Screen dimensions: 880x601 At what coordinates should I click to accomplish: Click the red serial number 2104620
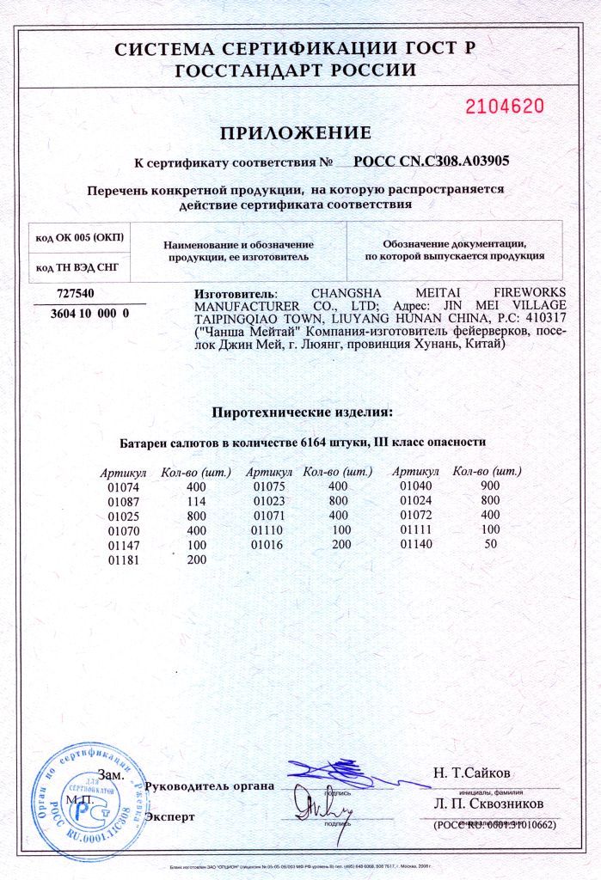click(505, 107)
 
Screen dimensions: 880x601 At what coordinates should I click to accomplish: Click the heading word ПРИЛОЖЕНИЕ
click(296, 133)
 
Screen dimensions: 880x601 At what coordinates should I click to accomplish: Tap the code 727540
click(75, 293)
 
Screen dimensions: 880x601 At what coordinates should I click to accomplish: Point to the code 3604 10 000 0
click(85, 314)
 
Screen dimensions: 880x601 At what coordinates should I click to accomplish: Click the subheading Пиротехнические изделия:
click(302, 412)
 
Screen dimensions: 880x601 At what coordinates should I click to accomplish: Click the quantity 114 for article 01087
click(197, 501)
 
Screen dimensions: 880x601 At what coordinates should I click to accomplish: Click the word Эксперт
click(171, 816)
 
